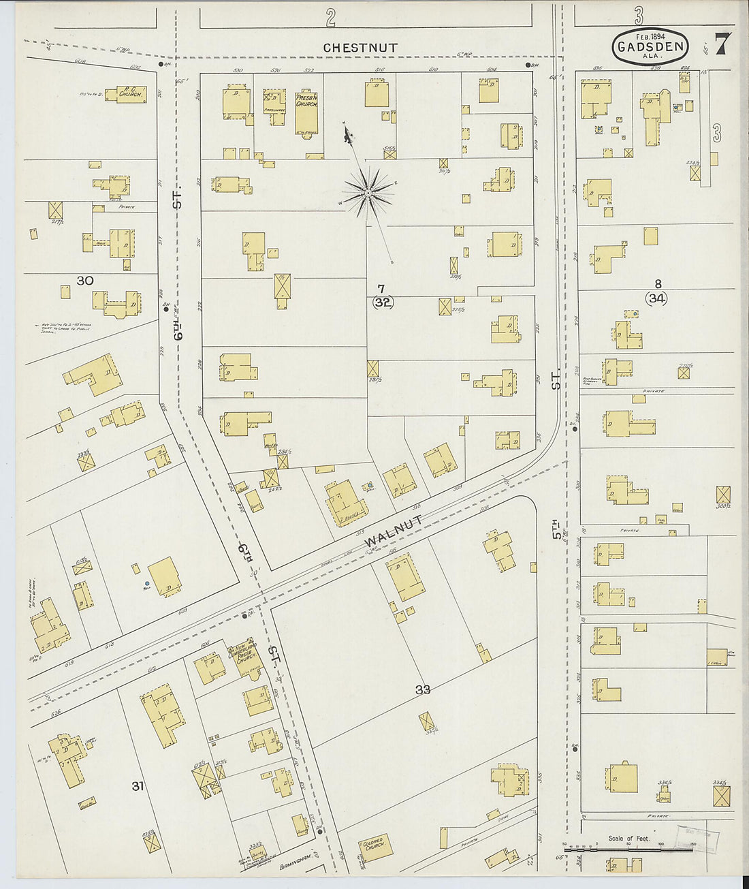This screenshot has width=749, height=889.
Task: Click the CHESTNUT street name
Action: tap(360, 48)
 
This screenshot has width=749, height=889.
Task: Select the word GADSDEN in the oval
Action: tap(650, 48)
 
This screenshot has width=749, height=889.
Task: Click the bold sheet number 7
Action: tap(722, 44)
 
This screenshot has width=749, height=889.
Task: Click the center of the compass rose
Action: tap(368, 193)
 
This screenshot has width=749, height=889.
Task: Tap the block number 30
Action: tap(84, 281)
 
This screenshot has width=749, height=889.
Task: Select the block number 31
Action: tap(138, 786)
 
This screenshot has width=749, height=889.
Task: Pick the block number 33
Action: tap(423, 689)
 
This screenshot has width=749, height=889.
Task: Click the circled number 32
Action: tap(383, 303)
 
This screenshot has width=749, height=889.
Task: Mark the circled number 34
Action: tap(657, 298)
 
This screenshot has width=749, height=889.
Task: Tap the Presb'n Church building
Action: tap(306, 112)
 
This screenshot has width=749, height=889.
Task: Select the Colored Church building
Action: tap(374, 845)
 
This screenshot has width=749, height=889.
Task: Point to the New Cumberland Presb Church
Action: tap(242, 654)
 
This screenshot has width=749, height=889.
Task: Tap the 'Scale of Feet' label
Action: tap(628, 839)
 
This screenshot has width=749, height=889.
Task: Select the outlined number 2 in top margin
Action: tap(330, 18)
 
